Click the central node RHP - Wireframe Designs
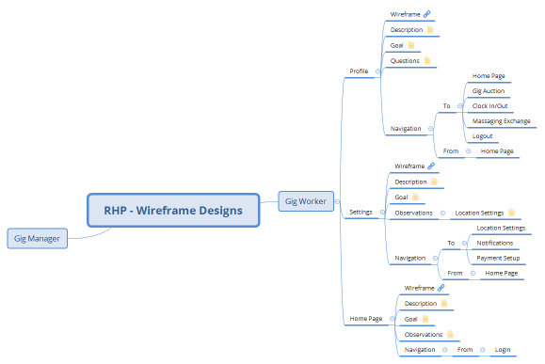click(x=173, y=211)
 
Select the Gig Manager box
click(x=38, y=239)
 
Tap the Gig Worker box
click(x=305, y=200)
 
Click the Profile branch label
click(x=359, y=71)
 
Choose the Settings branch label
click(x=361, y=213)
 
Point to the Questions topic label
click(x=405, y=61)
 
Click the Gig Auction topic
click(x=489, y=90)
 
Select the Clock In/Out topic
click(x=489, y=105)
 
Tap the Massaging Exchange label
click(x=502, y=120)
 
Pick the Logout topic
click(x=482, y=135)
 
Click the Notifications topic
click(x=495, y=243)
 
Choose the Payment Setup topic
click(x=498, y=258)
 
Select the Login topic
click(x=502, y=350)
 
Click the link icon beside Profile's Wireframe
click(x=427, y=14)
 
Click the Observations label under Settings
click(x=414, y=213)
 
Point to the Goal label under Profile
click(x=397, y=45)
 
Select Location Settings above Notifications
click(x=501, y=228)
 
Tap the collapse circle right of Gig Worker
click(x=338, y=200)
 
